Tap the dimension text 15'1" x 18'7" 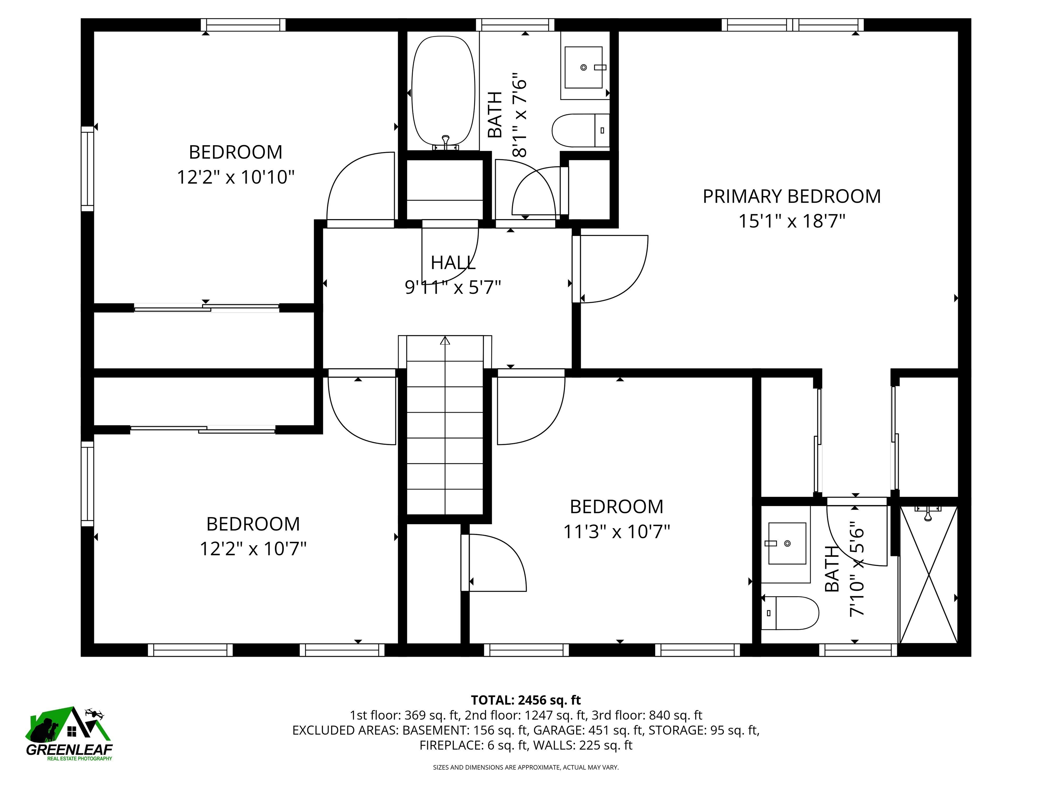(x=791, y=221)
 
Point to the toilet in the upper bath (x=580, y=130)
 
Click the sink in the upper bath (x=584, y=67)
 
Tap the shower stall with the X (x=928, y=575)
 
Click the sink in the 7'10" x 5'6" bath (x=787, y=543)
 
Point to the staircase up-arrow (x=445, y=340)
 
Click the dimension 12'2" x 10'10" (x=235, y=177)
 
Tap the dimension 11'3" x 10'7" (x=616, y=531)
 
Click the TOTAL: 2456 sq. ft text (x=526, y=700)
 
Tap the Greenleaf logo (x=70, y=733)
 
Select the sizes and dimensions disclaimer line (x=526, y=767)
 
